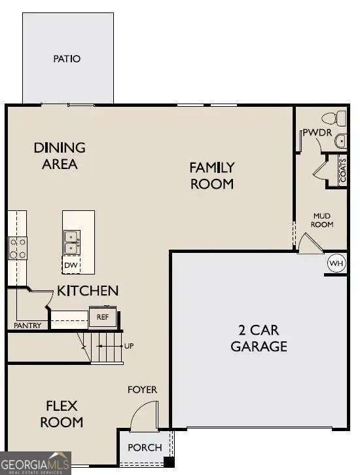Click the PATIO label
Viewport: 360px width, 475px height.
67,59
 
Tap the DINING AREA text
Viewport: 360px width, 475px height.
60,156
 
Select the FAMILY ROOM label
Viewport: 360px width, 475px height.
211,176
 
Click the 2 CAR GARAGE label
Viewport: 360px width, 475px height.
259,338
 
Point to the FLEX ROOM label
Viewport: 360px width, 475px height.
63,413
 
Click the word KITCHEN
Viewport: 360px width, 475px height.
88,290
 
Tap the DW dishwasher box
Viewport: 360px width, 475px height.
71,265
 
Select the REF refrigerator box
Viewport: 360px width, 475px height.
102,316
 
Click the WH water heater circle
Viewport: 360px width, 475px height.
336,263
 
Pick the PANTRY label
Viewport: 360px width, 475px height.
27,326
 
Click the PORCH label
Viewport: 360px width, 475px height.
145,447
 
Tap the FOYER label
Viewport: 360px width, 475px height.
142,390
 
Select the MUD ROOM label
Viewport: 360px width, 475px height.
323,219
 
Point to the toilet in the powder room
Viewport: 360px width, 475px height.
334,119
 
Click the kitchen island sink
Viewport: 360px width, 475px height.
71,242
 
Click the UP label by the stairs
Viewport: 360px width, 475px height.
129,345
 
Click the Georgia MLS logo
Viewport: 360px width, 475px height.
35,463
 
